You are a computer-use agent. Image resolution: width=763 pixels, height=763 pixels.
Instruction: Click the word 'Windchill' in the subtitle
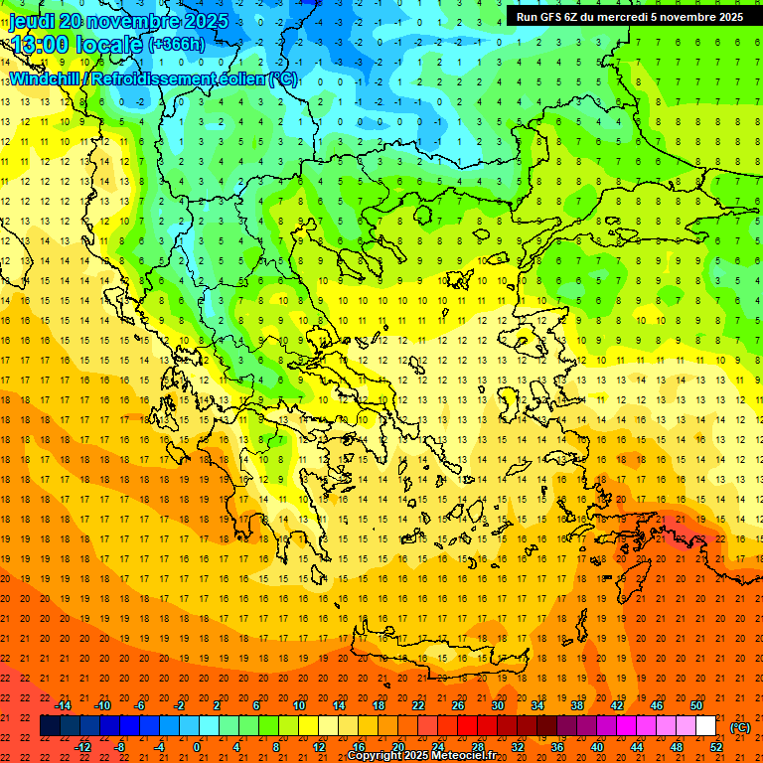click(45, 77)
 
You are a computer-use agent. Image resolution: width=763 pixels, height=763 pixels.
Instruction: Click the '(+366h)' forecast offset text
click(177, 45)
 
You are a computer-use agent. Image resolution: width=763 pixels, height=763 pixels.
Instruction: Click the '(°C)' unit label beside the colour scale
click(740, 727)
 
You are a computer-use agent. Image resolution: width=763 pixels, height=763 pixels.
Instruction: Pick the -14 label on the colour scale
click(64, 705)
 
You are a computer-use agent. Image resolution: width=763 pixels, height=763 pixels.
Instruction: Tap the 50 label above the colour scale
click(696, 705)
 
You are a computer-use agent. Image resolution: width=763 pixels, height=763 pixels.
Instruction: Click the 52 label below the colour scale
click(716, 747)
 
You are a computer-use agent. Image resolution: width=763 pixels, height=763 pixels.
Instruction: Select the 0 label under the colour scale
click(197, 747)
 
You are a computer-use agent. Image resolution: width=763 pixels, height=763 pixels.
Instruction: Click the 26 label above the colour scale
click(458, 705)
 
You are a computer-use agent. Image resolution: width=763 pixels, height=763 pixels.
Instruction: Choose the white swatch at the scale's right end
click(706, 726)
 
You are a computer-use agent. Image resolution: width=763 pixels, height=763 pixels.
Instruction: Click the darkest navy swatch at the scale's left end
click(50, 726)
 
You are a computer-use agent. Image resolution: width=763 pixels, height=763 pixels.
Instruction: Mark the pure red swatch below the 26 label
click(467, 726)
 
